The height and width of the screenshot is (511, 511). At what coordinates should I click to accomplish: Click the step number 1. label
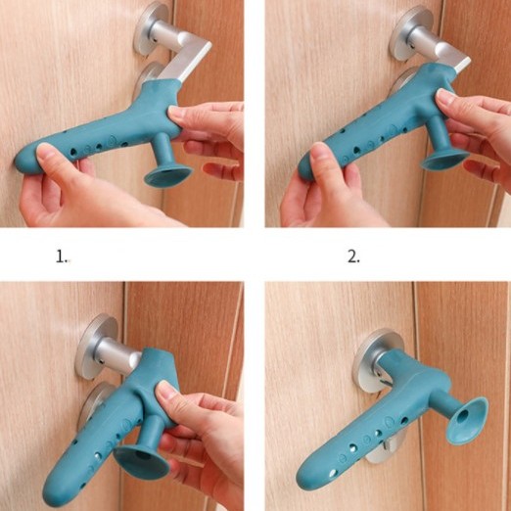[62, 256]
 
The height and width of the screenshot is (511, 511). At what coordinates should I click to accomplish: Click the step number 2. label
[353, 256]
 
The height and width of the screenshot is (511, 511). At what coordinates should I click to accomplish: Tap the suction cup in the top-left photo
[168, 176]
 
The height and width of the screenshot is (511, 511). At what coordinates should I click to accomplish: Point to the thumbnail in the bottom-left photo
[168, 390]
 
